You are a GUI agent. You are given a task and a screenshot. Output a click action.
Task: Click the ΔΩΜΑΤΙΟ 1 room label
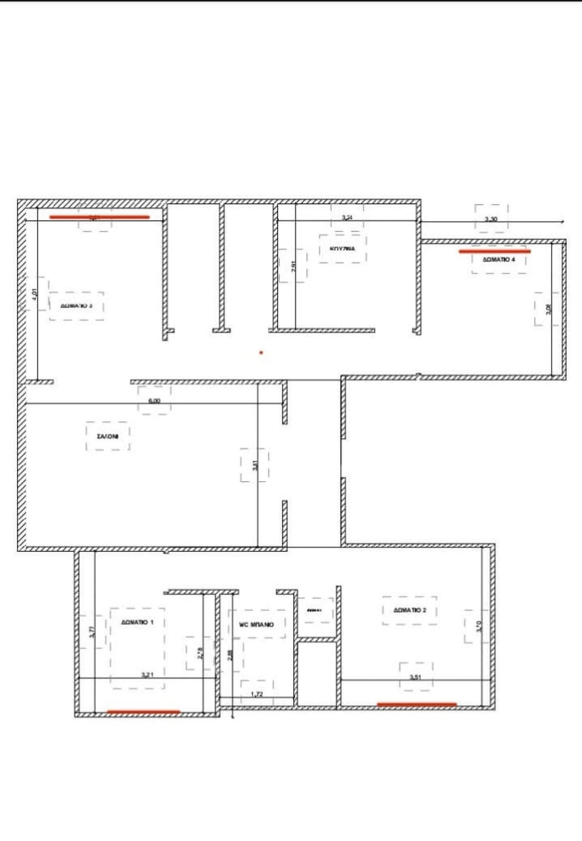pos(137,622)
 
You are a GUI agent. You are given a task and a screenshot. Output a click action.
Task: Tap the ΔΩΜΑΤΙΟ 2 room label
pos(410,610)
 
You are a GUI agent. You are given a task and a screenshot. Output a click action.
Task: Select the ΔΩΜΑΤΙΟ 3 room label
pos(76,306)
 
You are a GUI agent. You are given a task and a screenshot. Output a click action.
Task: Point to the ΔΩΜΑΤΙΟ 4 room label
pos(499,259)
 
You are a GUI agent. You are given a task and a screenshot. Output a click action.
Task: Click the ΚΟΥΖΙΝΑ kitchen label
pos(343,248)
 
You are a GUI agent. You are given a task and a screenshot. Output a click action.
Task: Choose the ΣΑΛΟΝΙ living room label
pos(108,436)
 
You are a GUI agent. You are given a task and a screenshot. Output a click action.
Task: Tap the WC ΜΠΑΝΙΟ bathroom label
pos(256,624)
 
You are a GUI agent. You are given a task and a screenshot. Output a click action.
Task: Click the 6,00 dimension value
pos(154,401)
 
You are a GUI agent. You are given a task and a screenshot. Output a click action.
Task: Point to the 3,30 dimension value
pos(491,219)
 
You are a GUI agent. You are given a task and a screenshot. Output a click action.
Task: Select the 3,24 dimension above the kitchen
pos(347,217)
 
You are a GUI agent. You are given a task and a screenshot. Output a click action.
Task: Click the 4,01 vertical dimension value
pos(35,294)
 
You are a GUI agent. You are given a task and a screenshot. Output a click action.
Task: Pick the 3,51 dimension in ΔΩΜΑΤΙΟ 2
pos(415,677)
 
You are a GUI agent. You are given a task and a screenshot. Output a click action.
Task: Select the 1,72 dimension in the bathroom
pos(257,694)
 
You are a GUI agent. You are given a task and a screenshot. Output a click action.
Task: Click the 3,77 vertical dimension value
pos(92,632)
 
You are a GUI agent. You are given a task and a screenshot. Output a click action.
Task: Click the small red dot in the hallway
pos(261,352)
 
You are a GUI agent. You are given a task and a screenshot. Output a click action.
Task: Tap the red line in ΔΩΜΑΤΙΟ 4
pos(495,251)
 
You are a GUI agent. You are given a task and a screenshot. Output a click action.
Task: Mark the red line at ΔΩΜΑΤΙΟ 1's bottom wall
pos(144,712)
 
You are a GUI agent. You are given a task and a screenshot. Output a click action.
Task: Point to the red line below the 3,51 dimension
pos(417,705)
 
